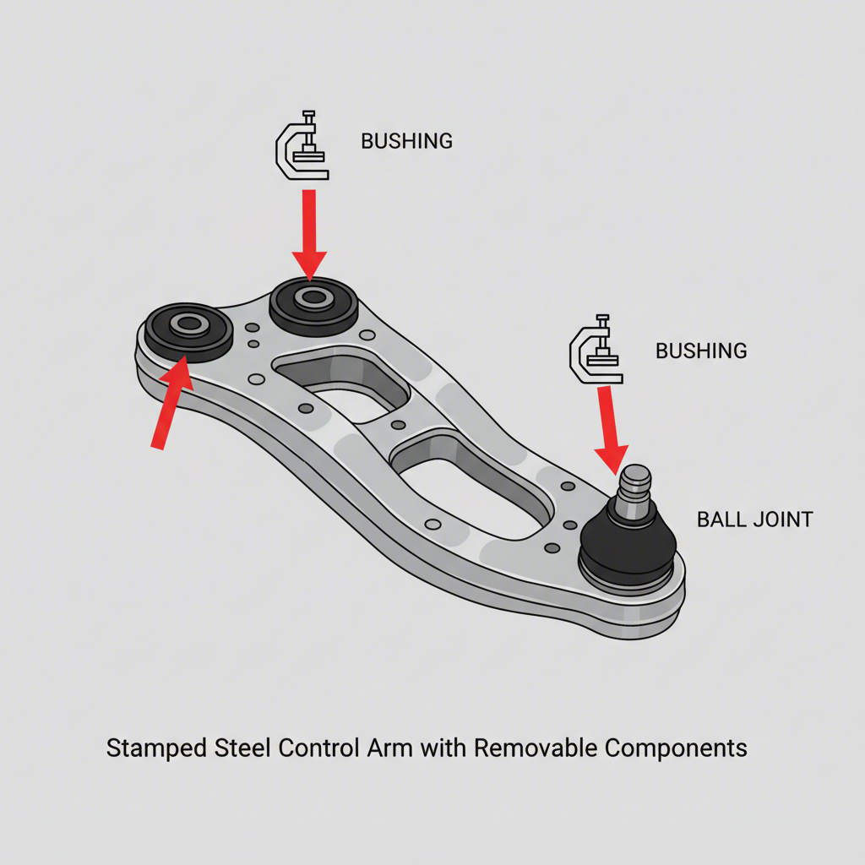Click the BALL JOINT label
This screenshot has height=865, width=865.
754,520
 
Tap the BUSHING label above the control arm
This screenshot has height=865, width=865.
406,141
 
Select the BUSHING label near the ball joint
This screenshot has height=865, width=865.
701,351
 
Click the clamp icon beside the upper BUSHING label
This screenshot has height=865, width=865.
302,145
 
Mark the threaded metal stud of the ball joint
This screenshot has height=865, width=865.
634,490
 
